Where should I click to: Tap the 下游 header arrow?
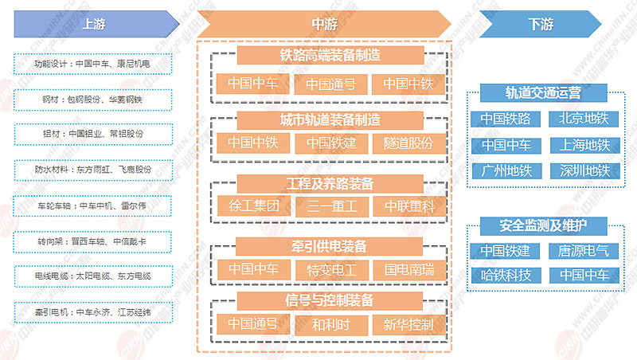540,23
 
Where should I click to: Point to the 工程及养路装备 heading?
330,183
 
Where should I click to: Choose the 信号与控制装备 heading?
330,300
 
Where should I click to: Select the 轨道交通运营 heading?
543,93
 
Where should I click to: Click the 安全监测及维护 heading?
543,224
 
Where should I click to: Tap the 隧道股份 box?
408,143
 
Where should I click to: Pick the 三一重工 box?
330,205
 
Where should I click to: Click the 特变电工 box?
330,268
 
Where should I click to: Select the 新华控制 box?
408,324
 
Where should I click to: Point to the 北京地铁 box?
584,119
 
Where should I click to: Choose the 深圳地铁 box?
584,170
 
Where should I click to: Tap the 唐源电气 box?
584,251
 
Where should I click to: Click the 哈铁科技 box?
505,276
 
